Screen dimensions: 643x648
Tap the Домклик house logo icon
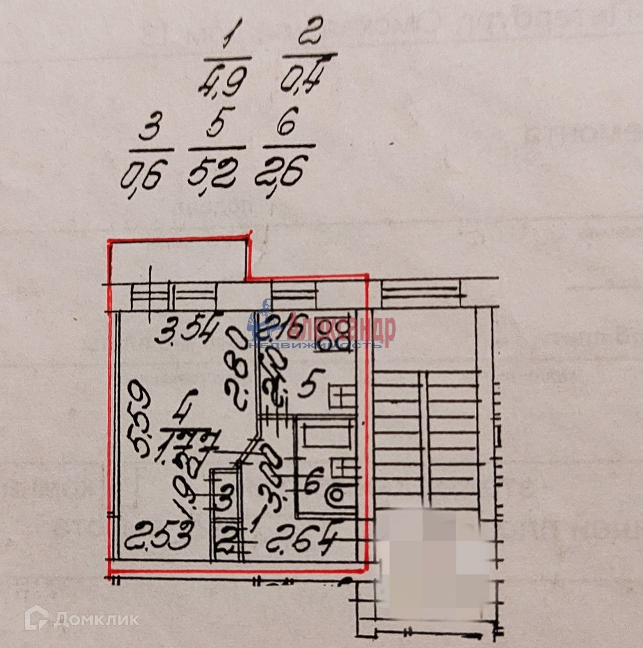(x=39, y=619)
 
